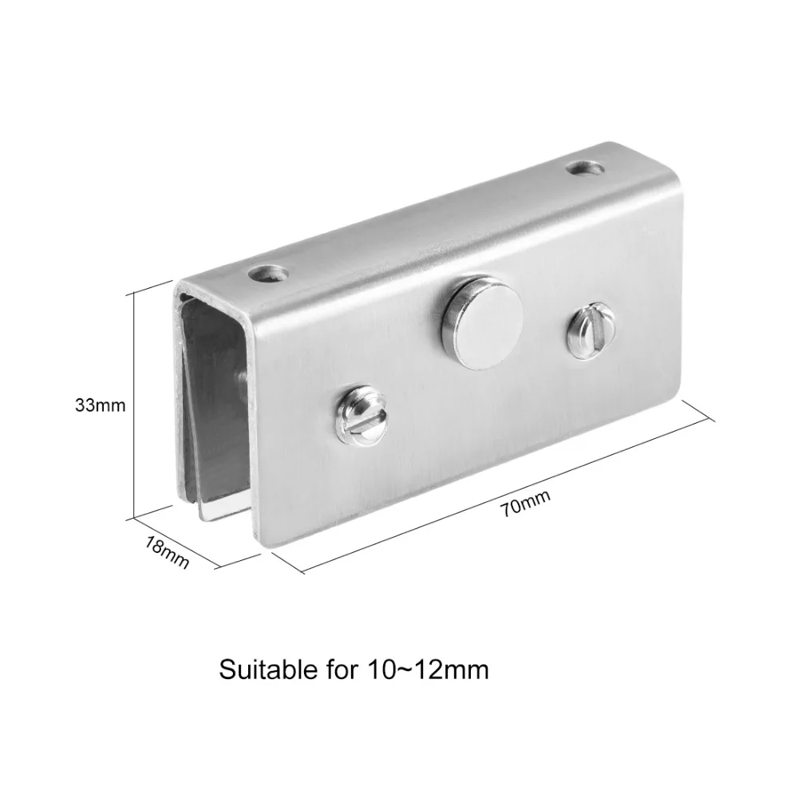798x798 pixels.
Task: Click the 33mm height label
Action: [x=101, y=405]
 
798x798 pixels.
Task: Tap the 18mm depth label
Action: [x=168, y=553]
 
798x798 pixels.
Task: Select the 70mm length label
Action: [x=526, y=503]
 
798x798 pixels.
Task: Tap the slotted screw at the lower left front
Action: [x=361, y=413]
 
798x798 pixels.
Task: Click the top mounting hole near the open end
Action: [x=268, y=275]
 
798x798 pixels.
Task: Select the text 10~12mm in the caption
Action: [x=428, y=670]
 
